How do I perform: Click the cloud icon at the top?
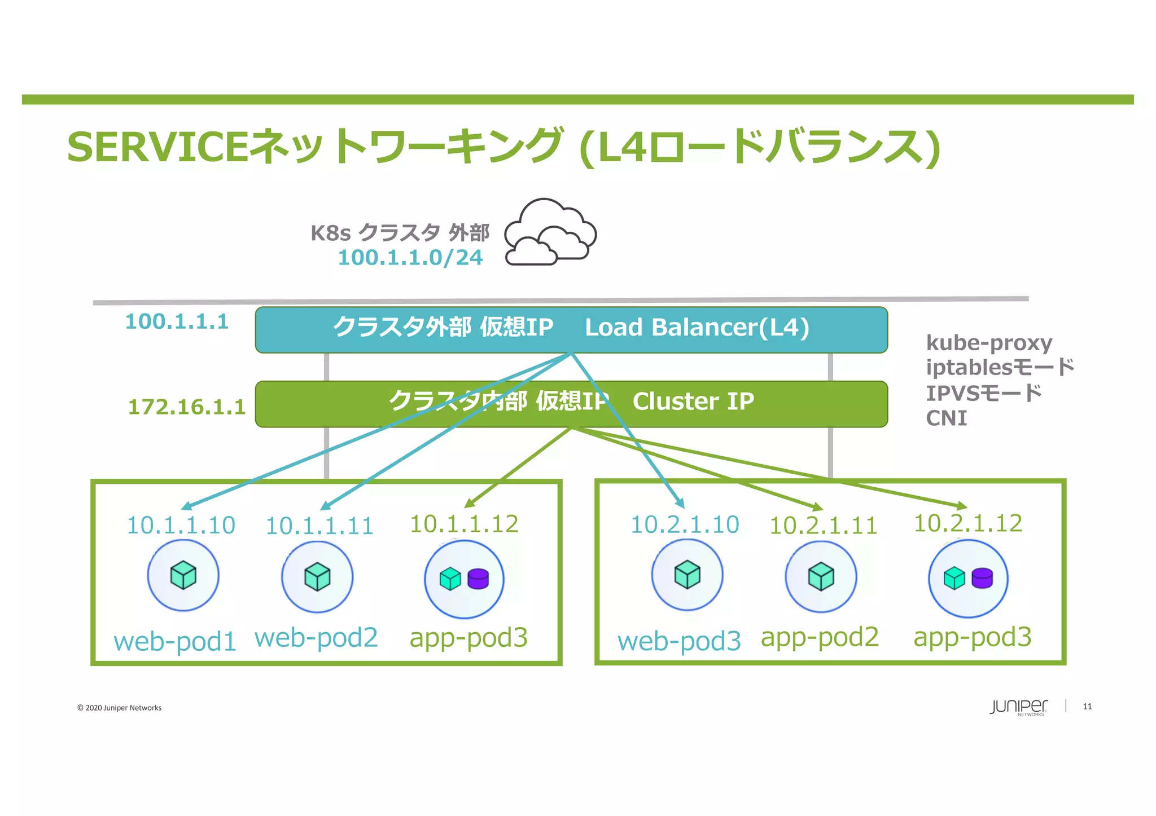(x=550, y=232)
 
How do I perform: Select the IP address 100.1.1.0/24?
(x=410, y=258)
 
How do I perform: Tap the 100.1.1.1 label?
(x=177, y=321)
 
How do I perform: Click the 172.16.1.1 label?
(x=187, y=407)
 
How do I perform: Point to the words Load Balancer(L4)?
(x=697, y=328)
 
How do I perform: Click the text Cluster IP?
(x=693, y=402)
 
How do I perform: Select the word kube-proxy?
(x=989, y=343)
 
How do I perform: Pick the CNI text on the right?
(x=947, y=418)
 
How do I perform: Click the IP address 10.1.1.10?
(x=181, y=526)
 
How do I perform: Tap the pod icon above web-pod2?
(x=317, y=576)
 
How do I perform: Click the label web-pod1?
(x=174, y=642)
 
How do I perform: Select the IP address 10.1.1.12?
(x=463, y=524)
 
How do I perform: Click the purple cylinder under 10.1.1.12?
(x=478, y=579)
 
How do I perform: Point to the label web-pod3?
(x=679, y=641)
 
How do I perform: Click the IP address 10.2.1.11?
(x=823, y=526)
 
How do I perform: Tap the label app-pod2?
(x=820, y=637)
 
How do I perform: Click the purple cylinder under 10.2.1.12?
(x=982, y=578)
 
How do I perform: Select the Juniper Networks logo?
(x=1018, y=707)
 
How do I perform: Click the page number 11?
(x=1087, y=707)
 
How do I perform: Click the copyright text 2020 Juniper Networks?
(x=119, y=708)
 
